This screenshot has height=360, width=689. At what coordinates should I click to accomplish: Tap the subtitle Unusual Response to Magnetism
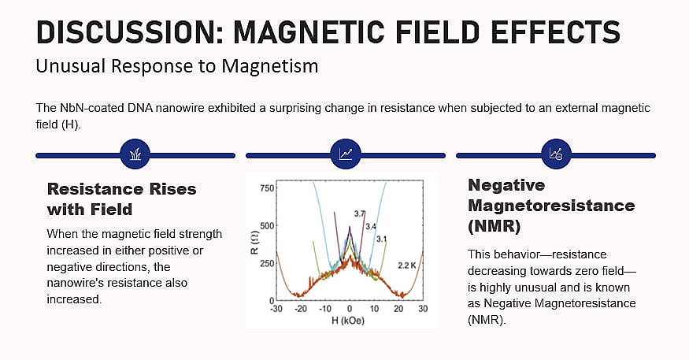[x=176, y=66]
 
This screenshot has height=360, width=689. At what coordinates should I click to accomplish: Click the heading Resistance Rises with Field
[x=122, y=199]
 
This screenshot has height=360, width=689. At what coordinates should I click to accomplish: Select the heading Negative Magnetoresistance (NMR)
[x=551, y=206]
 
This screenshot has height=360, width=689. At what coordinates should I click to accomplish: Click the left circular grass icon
[x=135, y=154]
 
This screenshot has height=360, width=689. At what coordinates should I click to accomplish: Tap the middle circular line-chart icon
[x=345, y=154]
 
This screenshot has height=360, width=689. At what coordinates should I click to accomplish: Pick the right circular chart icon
[x=555, y=154]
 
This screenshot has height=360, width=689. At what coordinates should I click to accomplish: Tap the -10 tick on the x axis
[x=324, y=309]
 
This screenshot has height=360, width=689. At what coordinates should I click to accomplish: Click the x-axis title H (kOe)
[x=349, y=321]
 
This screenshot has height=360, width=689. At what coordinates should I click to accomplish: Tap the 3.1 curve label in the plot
[x=382, y=239]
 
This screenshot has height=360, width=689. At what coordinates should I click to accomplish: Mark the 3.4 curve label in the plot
[x=371, y=227]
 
